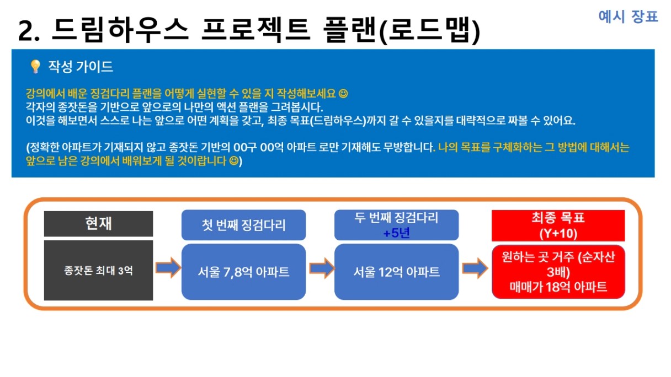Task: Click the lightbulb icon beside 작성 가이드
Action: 35,67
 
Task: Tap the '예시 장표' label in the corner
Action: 628,16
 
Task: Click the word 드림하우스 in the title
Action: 120,30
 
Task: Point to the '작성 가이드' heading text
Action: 81,67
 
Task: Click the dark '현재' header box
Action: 99,224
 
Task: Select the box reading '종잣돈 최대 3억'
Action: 99,270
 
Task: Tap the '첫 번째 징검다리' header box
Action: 243,225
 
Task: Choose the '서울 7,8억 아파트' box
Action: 243,272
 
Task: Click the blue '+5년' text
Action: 396,233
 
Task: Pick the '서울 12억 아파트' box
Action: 396,272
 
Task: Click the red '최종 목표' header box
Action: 558,225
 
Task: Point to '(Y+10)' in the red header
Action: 558,233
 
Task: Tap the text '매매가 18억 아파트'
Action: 558,287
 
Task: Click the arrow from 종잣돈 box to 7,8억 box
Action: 168,267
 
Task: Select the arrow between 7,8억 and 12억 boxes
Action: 321,268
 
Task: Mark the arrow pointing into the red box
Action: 475,268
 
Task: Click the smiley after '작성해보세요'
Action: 343,94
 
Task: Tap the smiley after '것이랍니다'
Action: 233,161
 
